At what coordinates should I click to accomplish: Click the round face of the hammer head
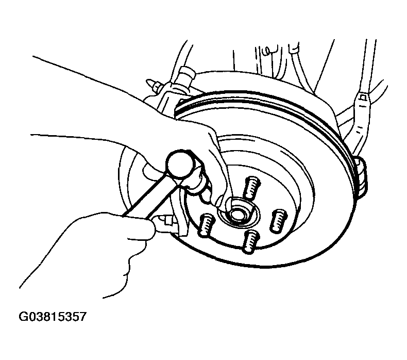click(180, 165)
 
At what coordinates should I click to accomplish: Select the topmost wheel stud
click(251, 188)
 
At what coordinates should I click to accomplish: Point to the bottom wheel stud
click(250, 242)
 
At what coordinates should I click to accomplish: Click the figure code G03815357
click(52, 317)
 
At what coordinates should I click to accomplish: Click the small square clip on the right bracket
click(363, 97)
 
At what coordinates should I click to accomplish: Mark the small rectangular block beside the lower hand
click(166, 221)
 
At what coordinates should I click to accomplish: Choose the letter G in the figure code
click(23, 317)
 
